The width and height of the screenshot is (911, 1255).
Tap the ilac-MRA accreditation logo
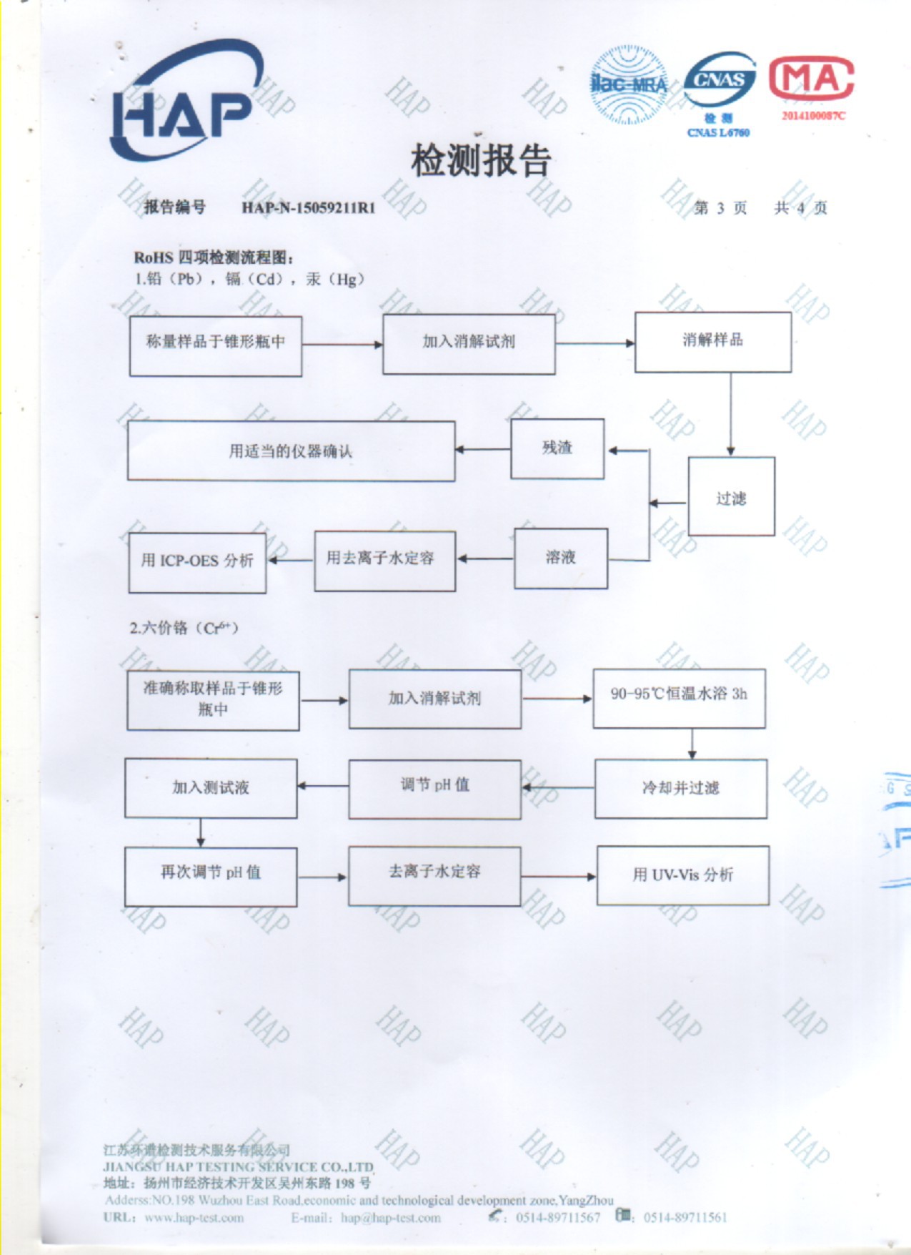628,84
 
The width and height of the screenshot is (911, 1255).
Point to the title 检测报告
480,160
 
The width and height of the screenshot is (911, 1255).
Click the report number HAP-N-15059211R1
308,208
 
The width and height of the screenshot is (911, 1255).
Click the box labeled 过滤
731,496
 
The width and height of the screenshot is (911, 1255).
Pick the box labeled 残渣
557,448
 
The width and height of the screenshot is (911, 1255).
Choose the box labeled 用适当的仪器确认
291,451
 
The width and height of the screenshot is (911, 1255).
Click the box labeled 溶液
561,558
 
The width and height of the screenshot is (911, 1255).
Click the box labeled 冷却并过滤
680,788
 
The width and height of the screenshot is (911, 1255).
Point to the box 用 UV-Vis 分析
682,875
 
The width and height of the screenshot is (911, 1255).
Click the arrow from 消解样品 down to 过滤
730,415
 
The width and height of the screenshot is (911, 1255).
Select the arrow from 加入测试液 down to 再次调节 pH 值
201,833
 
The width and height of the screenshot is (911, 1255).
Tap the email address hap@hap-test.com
391,1218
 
